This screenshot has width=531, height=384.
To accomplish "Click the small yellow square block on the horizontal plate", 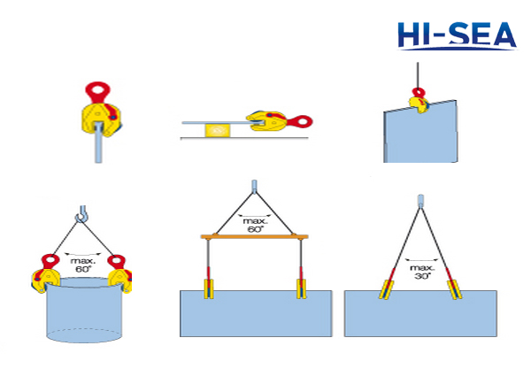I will coord(216,131).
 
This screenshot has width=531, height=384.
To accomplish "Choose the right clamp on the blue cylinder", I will coord(118,271).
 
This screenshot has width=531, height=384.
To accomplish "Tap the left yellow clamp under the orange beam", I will coord(209,290).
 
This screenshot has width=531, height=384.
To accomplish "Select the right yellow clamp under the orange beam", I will coord(302,290).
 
